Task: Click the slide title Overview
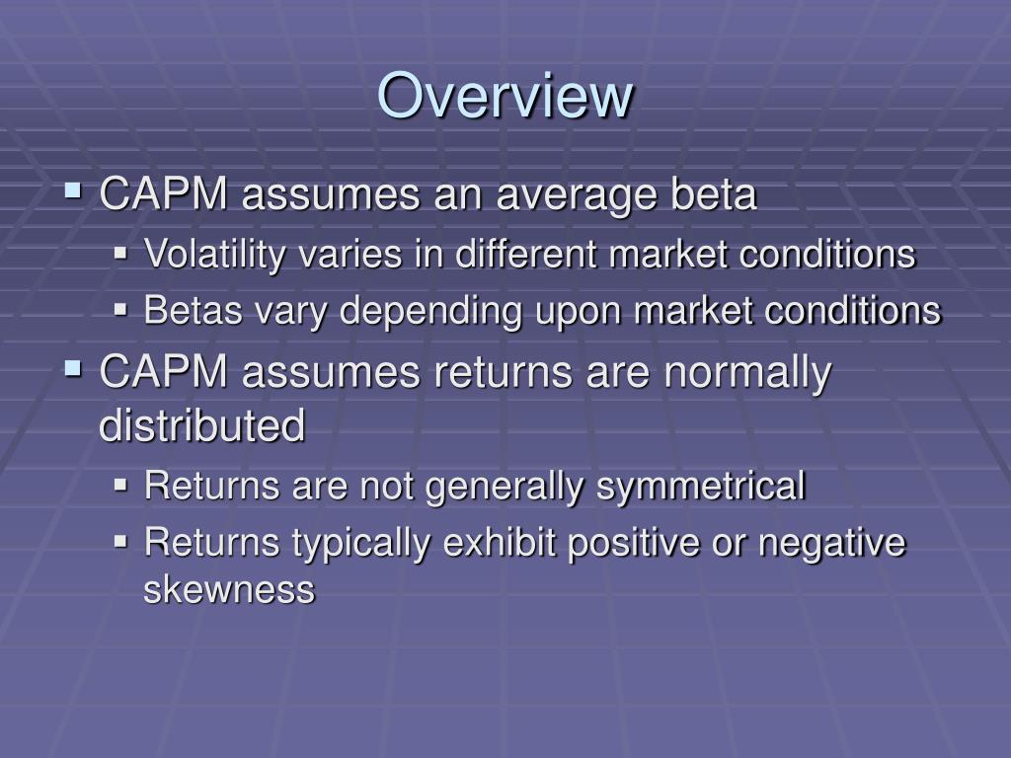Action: [505, 96]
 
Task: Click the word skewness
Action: [229, 590]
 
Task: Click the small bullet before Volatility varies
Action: [121, 254]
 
